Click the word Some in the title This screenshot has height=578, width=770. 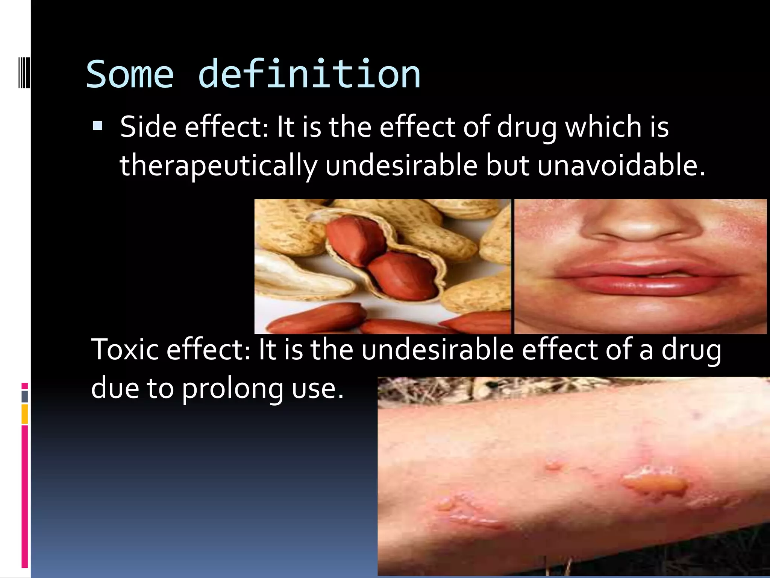[x=130, y=75]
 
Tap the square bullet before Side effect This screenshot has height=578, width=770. [x=97, y=125]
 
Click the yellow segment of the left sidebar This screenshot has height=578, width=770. [x=24, y=414]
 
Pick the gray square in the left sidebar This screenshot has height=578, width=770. [x=24, y=397]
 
